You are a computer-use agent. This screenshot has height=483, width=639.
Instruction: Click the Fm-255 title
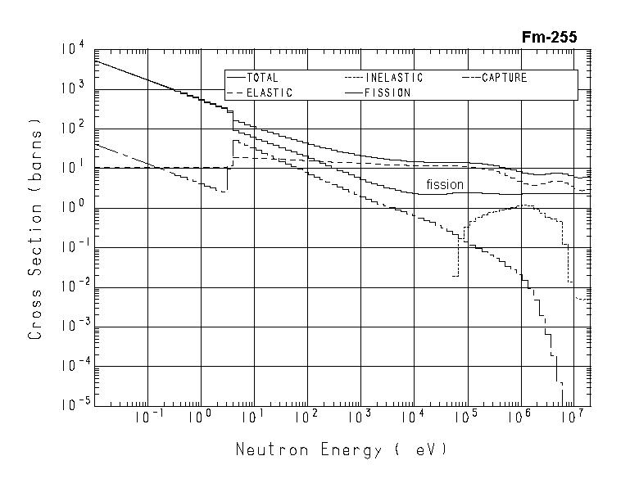[x=549, y=37]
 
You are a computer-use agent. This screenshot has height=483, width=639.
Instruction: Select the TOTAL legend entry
[x=262, y=78]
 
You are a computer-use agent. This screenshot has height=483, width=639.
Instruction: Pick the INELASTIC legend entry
[x=393, y=78]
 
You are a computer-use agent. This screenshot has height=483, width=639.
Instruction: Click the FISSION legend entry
[x=387, y=93]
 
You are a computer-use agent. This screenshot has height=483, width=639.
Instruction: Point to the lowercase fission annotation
[x=444, y=184]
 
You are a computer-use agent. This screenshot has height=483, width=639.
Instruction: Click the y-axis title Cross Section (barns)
[x=35, y=230]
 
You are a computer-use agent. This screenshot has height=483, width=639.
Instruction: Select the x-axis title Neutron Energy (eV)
[x=342, y=449]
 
